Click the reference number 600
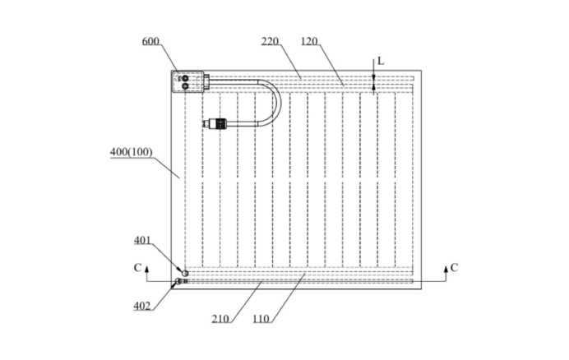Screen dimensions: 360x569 [x=150, y=42]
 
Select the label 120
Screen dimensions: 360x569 [x=310, y=40]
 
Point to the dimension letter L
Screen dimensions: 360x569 [x=380, y=61]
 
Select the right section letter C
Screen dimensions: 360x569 [x=455, y=268]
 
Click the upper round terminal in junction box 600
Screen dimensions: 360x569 [x=183, y=77]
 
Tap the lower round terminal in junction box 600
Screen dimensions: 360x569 [x=183, y=85]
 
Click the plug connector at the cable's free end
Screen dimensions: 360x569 [x=215, y=124]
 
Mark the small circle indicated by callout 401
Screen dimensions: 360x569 [x=185, y=273]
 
